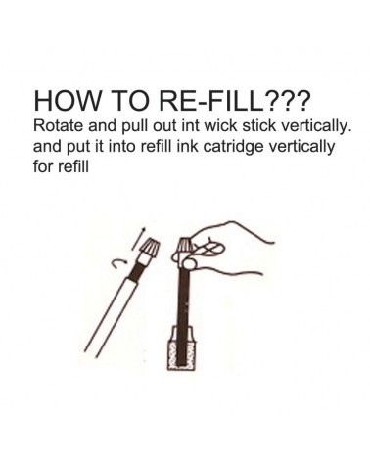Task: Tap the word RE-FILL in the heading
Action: pyautogui.click(x=212, y=100)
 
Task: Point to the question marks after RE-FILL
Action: pyautogui.click(x=287, y=100)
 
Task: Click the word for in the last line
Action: pyautogui.click(x=44, y=166)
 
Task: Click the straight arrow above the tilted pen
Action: pyautogui.click(x=138, y=239)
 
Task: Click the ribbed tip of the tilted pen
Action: pyautogui.click(x=150, y=247)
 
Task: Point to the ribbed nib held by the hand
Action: pyautogui.click(x=184, y=247)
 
